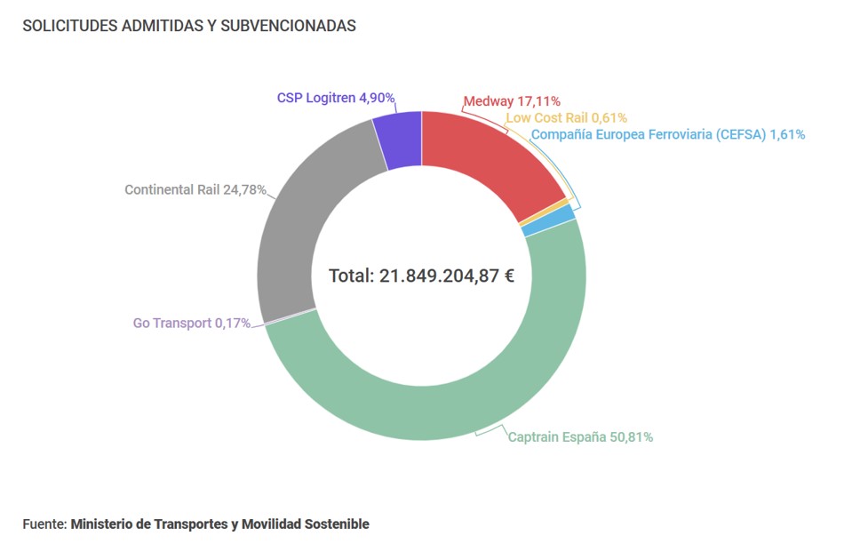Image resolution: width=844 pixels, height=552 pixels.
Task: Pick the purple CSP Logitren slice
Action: click(399, 140)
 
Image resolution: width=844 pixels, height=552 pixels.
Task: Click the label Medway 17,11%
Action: click(512, 101)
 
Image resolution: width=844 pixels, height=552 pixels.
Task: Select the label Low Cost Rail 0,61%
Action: click(566, 117)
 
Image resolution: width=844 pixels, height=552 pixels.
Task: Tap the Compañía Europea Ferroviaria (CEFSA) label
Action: click(667, 134)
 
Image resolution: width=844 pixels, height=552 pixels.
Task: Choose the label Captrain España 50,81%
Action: click(580, 436)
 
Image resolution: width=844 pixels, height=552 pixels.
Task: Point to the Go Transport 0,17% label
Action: click(192, 323)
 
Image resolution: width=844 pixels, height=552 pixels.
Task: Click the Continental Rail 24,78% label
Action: click(195, 189)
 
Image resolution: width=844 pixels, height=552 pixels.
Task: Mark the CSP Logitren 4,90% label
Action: click(336, 98)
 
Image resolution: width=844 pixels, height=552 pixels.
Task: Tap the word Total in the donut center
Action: click(351, 276)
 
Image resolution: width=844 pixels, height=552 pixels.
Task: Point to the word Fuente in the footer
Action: click(44, 524)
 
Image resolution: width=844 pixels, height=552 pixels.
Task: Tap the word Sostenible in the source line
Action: click(336, 524)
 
